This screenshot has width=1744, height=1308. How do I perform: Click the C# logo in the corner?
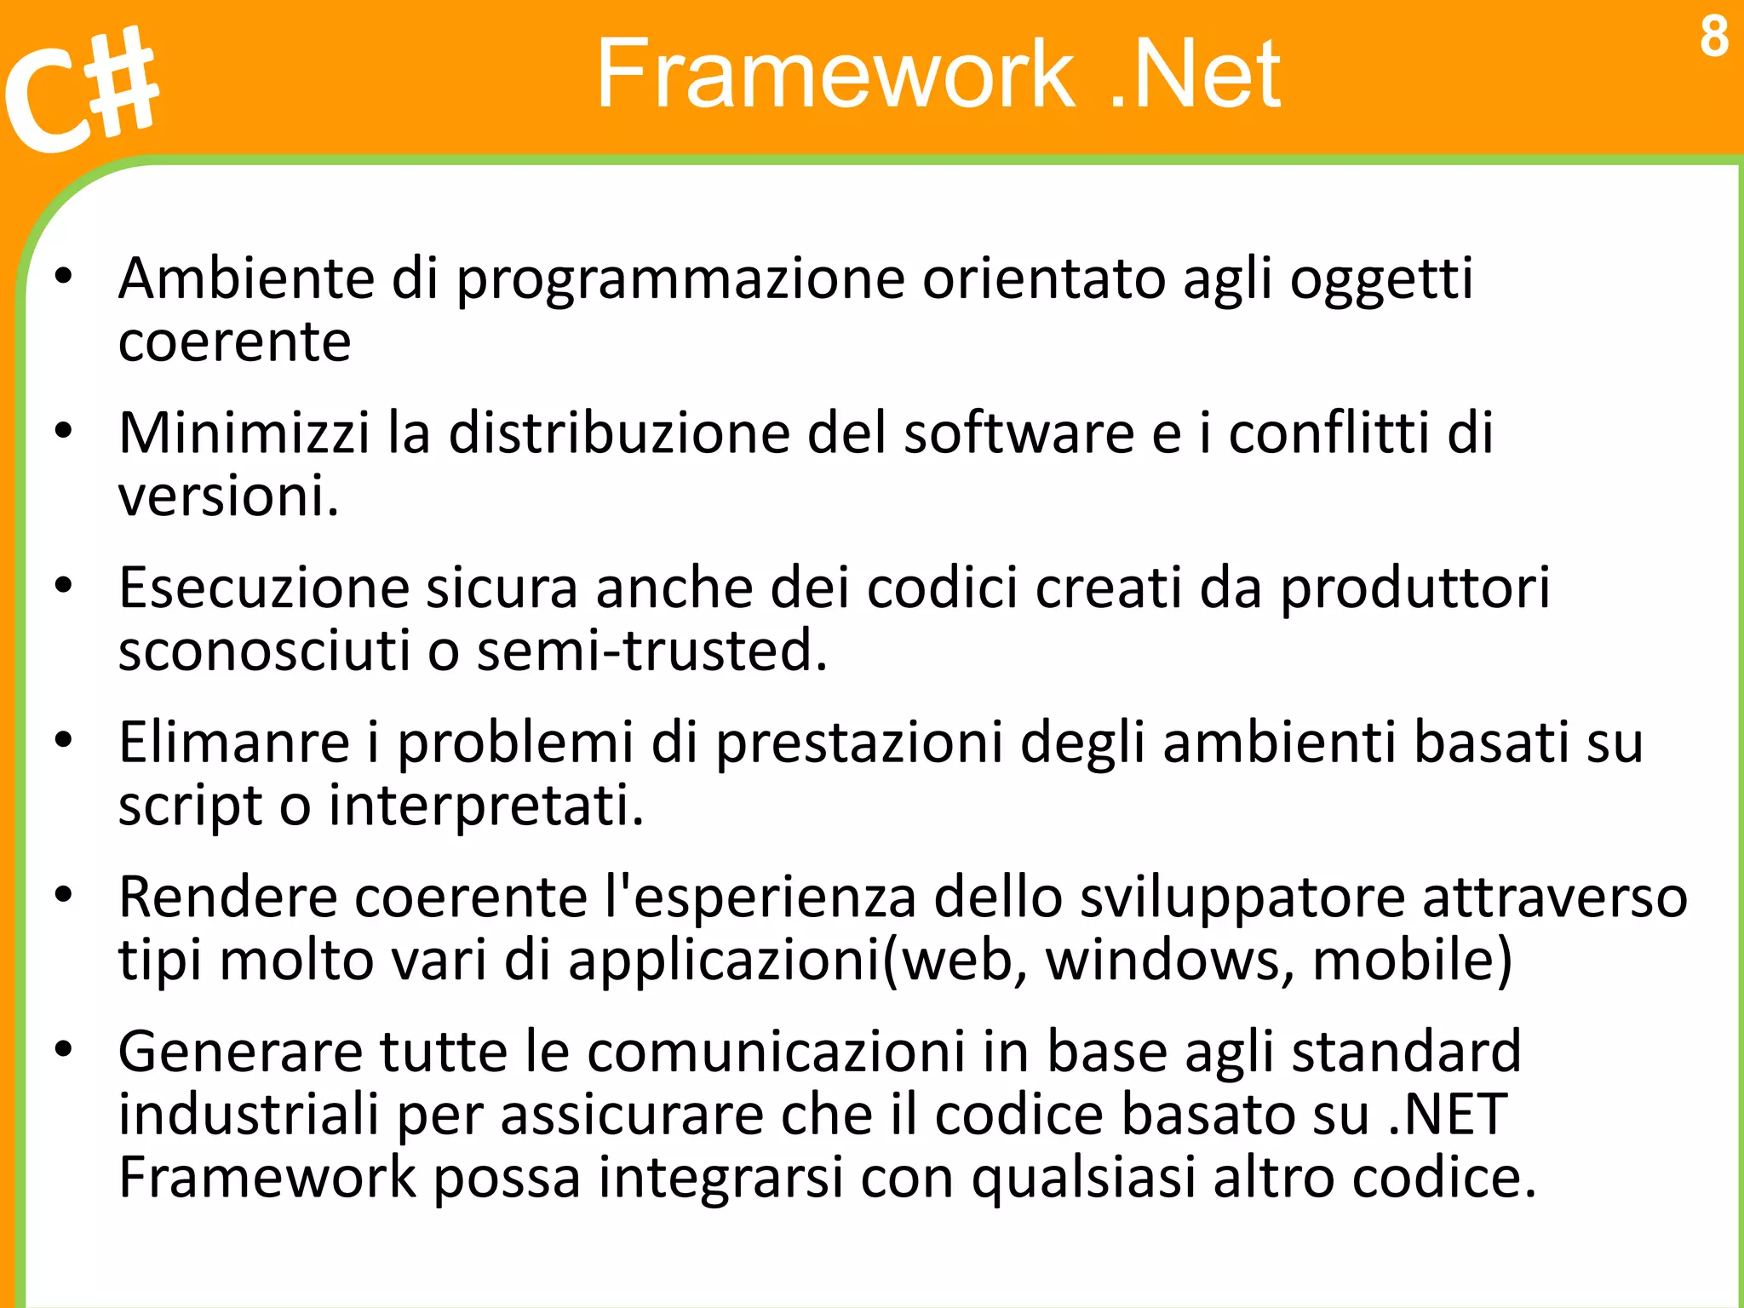pos(81,89)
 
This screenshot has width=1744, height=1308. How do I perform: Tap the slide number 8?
pos(1714,37)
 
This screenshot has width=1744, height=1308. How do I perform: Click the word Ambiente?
pos(246,278)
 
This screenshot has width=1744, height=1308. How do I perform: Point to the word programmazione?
pos(680,280)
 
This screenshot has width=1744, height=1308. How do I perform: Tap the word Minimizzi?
pos(244,433)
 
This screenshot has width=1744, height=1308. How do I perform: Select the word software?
pos(1018,433)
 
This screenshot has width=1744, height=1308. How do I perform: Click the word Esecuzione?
pos(264,588)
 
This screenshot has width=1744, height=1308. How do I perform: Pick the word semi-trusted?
pos(651,651)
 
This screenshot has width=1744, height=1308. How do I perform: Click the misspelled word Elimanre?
pos(234,742)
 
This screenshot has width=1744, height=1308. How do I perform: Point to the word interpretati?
pos(486,806)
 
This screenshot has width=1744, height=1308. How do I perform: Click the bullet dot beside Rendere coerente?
pos(63,896)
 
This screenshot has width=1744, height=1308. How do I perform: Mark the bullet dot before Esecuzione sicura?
pos(63,586)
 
